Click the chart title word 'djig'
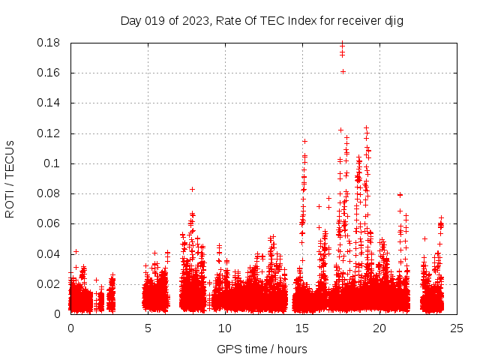click(x=394, y=20)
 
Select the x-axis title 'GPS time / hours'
click(x=262, y=349)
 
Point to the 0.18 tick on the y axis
click(x=49, y=43)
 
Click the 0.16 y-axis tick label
click(x=49, y=73)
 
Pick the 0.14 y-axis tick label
click(x=49, y=103)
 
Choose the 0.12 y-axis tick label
click(x=49, y=133)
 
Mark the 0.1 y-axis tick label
click(x=52, y=163)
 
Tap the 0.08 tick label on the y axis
click(x=49, y=193)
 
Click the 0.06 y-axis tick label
click(x=49, y=223)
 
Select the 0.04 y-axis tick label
click(x=49, y=253)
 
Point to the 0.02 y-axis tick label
click(x=49, y=284)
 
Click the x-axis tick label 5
click(x=148, y=328)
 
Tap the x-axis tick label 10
click(x=225, y=328)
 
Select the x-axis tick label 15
click(x=302, y=328)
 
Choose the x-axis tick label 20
click(x=379, y=328)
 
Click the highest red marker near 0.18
click(x=343, y=43)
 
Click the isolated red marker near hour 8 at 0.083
click(x=192, y=189)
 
